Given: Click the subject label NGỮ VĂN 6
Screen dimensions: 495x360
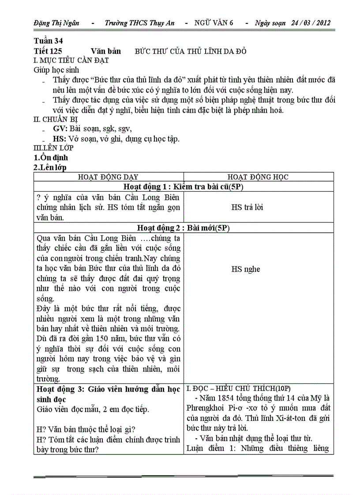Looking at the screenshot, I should pyautogui.click(x=214, y=23).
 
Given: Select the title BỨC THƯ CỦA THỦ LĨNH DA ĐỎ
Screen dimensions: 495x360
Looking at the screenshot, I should pyautogui.click(x=191, y=51).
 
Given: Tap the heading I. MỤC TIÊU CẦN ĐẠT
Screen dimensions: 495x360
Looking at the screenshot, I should pyautogui.click(x=71, y=60).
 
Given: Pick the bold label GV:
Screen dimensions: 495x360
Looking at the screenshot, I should pyautogui.click(x=60, y=129).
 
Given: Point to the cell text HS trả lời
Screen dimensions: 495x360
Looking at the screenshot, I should pyautogui.click(x=247, y=207).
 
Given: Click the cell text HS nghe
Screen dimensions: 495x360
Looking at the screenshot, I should pyautogui.click(x=246, y=269).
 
